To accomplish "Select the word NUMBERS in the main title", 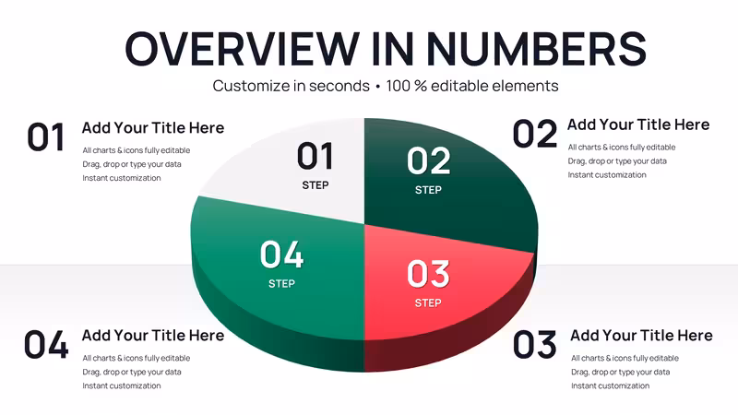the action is coord(537,48).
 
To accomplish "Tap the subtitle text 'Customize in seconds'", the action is coord(291,86).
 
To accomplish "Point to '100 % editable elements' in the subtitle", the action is coord(472,86).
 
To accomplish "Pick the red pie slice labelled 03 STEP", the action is coord(433,282).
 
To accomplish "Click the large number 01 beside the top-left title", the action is coord(45,137).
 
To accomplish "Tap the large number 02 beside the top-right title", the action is coord(535,134).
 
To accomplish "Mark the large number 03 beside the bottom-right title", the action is coord(535,345).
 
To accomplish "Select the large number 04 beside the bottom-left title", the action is coord(46,345).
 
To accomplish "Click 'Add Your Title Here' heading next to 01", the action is coord(153,128).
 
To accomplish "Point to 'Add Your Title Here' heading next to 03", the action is coord(641,336).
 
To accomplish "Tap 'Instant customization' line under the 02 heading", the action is coord(607,175).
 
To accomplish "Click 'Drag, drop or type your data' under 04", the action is coord(132,373).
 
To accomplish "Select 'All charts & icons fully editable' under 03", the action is coord(625,358).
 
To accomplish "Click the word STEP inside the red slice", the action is coord(428,303).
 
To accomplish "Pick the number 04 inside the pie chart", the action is coord(281,255).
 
